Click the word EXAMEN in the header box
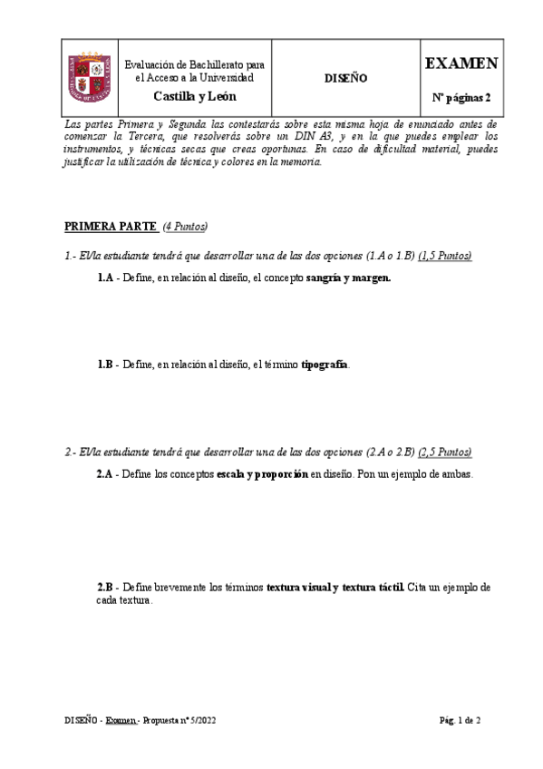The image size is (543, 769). pos(461,63)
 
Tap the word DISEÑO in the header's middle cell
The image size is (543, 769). pos(345,79)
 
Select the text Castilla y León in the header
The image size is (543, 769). pos(194,96)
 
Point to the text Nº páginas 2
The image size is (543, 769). pos(461,97)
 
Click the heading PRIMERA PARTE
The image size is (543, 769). pos(111,226)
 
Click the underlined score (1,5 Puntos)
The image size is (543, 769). pos(444,257)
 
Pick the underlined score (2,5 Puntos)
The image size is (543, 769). pos(444,452)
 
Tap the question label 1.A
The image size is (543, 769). pos(105,278)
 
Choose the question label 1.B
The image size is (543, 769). pos(105,365)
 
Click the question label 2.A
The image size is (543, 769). pos(104,473)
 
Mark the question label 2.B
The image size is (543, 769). pos(104,588)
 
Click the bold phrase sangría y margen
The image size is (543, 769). pos(349,278)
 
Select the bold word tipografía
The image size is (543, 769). pos(325,365)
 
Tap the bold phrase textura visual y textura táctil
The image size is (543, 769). pos(335,588)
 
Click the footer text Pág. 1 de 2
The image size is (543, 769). pos(461,721)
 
